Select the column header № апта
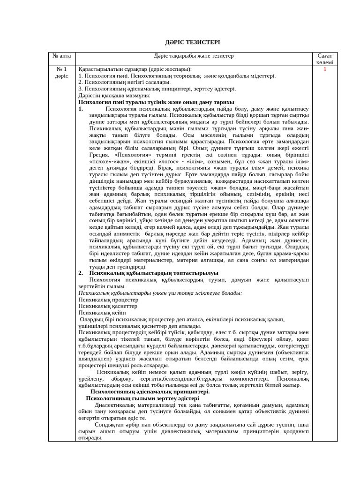click(61, 56)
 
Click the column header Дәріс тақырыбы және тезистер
click(194, 56)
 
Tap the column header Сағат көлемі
click(324, 59)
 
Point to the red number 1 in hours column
click(324, 69)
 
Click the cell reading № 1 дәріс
click(61, 72)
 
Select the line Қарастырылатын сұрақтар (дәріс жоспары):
click(135, 69)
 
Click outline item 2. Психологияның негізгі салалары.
click(124, 82)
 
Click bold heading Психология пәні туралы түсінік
click(156, 102)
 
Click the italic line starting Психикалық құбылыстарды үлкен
click(160, 292)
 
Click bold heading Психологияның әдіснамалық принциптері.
click(150, 391)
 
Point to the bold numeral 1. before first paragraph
click(81, 109)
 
